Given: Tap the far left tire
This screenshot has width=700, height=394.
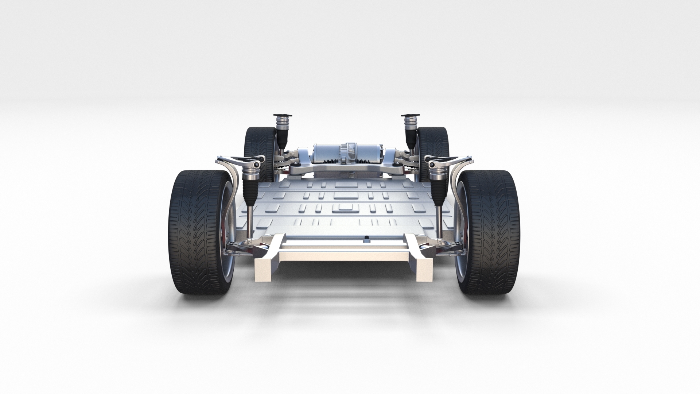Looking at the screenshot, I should tap(257, 146).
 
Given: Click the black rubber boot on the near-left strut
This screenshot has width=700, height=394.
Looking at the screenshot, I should tap(251, 192).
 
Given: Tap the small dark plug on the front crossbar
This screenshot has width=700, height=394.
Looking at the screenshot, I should tap(366, 240).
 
